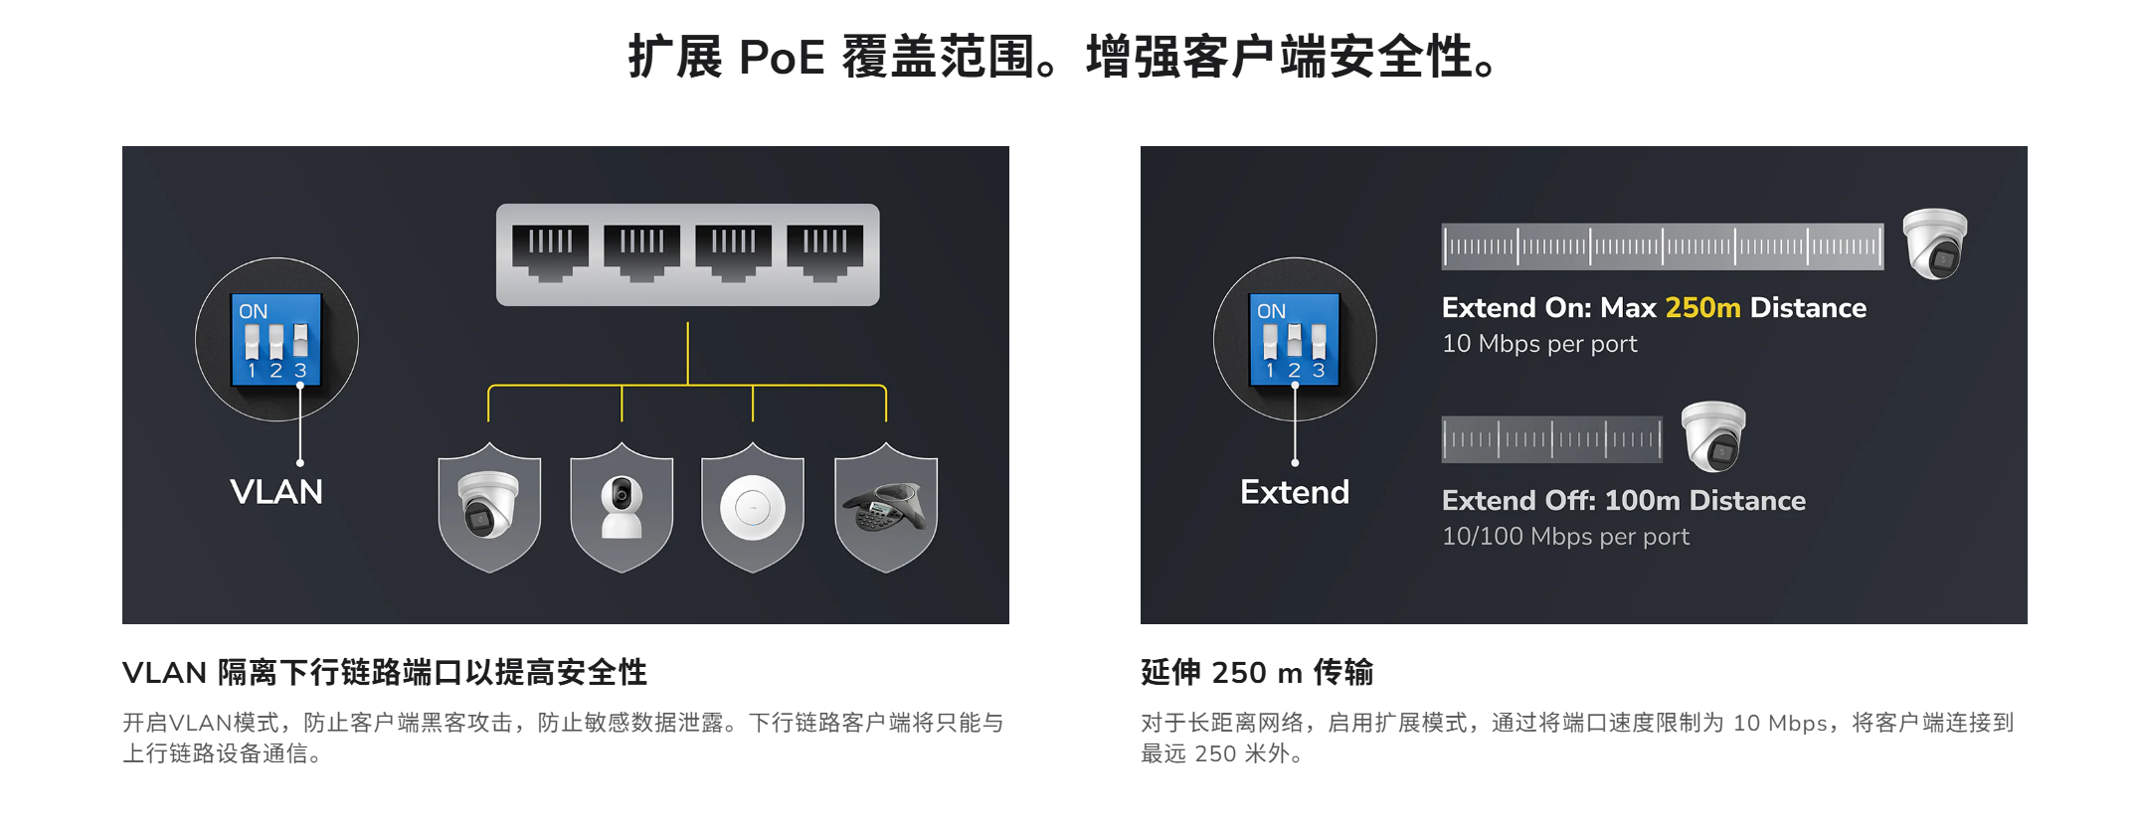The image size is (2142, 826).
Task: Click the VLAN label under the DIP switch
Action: click(276, 492)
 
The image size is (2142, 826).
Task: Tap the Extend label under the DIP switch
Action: click(1295, 492)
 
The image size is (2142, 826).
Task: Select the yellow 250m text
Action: click(1702, 308)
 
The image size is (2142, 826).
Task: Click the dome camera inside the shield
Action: click(489, 504)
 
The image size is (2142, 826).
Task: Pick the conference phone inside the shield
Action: click(885, 507)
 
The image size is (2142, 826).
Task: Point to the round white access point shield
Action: click(753, 508)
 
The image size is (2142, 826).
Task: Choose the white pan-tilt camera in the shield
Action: click(622, 507)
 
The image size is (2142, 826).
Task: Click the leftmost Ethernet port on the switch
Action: click(550, 252)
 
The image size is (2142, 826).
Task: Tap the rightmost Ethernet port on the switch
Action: click(825, 252)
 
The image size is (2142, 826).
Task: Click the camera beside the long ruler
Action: click(1934, 244)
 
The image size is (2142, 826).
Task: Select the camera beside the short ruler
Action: click(1712, 436)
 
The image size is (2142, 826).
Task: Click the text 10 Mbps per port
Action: click(1539, 344)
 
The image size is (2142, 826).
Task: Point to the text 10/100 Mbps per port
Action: click(1565, 537)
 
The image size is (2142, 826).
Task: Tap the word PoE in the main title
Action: click(782, 57)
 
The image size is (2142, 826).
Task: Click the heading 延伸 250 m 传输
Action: click(1257, 673)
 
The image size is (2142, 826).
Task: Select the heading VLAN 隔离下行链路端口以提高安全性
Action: click(385, 673)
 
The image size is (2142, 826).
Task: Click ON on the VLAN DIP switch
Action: click(253, 311)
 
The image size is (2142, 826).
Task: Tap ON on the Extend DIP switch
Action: click(1271, 311)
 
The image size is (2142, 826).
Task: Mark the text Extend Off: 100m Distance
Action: click(1624, 501)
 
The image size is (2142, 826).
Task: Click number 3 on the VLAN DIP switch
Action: click(300, 371)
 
